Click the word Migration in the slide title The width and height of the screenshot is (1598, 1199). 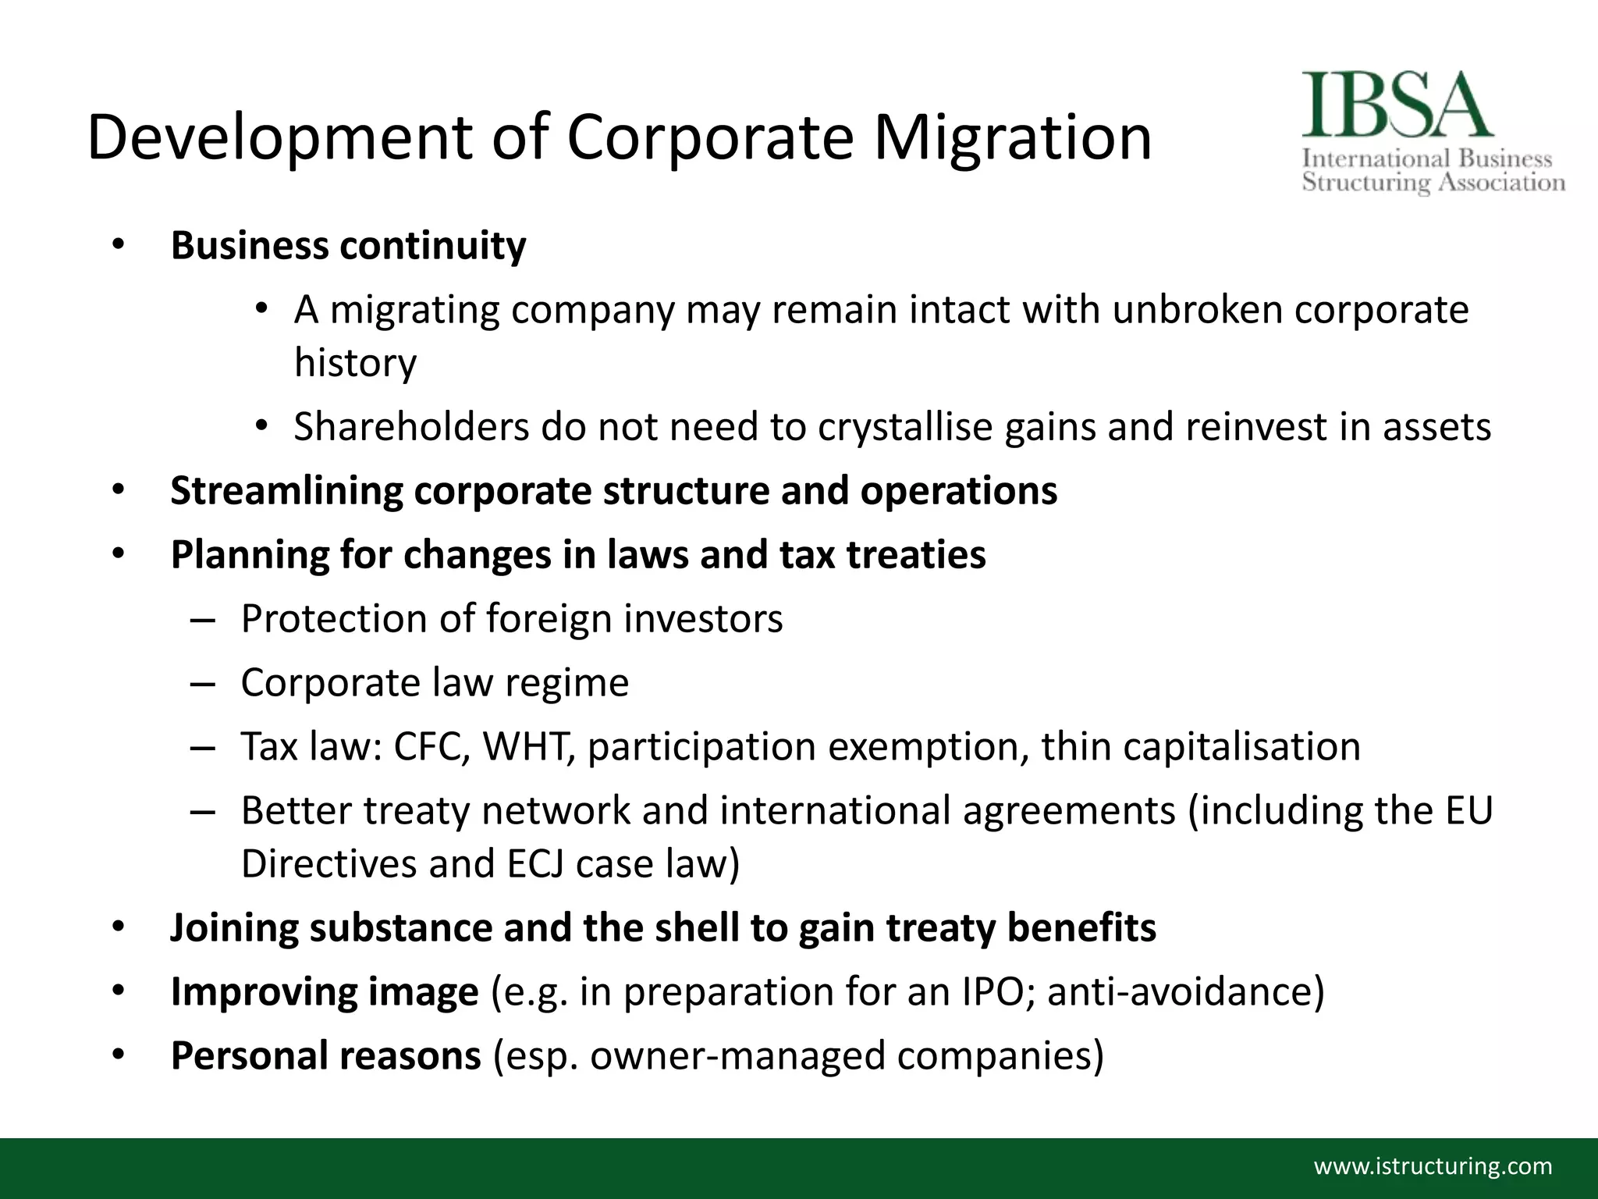click(x=1012, y=137)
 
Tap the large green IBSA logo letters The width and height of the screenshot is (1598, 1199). click(x=1396, y=106)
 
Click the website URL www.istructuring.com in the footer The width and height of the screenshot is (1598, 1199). click(x=1433, y=1166)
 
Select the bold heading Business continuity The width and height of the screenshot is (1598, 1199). click(x=348, y=245)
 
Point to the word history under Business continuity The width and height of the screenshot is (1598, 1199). click(x=355, y=363)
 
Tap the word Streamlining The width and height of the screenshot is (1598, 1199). click(x=286, y=491)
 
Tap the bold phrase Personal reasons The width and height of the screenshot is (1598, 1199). click(x=325, y=1056)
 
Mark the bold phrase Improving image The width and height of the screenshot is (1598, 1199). click(x=324, y=992)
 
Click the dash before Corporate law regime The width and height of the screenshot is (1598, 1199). click(x=201, y=684)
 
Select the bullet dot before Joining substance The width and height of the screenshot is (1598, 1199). click(x=118, y=928)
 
